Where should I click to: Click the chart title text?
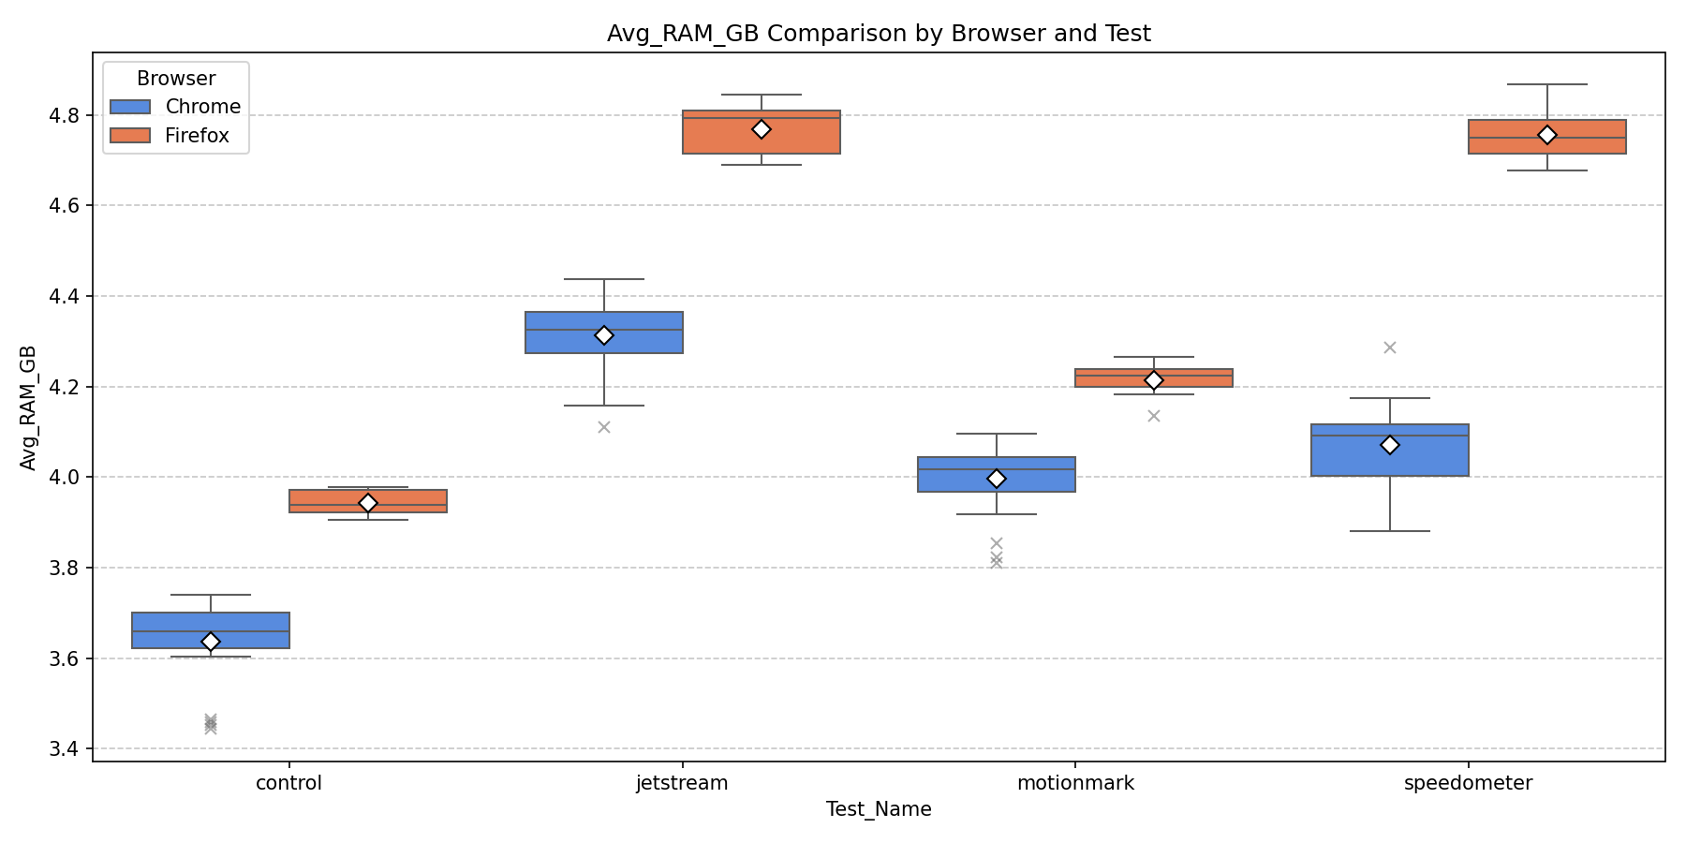tap(878, 34)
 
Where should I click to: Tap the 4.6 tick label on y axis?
tap(64, 206)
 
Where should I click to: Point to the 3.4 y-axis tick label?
tap(64, 749)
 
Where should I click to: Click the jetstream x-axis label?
tap(681, 784)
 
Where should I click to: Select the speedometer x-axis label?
tap(1468, 784)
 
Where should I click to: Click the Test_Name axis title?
tap(878, 810)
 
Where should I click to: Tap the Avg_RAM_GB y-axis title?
tap(28, 407)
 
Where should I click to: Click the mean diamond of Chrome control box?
tap(211, 642)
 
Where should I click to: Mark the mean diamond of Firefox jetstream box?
tap(762, 128)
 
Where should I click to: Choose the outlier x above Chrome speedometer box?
tap(1390, 348)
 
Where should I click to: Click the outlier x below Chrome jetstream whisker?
tap(604, 427)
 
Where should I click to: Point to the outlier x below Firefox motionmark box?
tap(1154, 416)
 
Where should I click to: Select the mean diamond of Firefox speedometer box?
tap(1547, 135)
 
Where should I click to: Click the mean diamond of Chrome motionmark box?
tap(997, 479)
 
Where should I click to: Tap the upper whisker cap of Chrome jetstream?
tap(604, 279)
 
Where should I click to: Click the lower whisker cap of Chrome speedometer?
tap(1390, 531)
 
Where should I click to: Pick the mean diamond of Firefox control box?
tap(368, 503)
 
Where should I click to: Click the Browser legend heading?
tap(175, 79)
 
